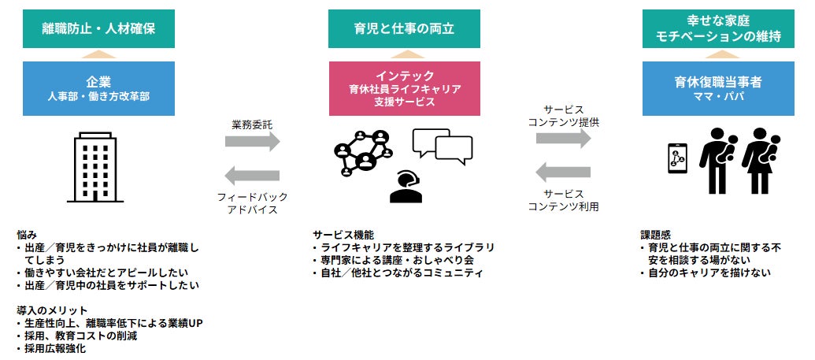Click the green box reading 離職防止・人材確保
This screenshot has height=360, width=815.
98,28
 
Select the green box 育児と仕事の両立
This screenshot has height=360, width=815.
403,28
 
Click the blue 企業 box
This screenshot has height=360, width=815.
98,88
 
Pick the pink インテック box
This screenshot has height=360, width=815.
403,88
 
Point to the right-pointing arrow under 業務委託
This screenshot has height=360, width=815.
252,141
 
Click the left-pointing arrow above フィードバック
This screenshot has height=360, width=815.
252,176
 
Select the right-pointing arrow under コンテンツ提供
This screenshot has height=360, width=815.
563,139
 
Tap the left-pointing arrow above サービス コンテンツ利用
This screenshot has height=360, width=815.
563,172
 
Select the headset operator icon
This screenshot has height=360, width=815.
406,185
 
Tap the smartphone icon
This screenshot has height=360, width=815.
676,160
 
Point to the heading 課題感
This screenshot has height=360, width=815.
656,235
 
